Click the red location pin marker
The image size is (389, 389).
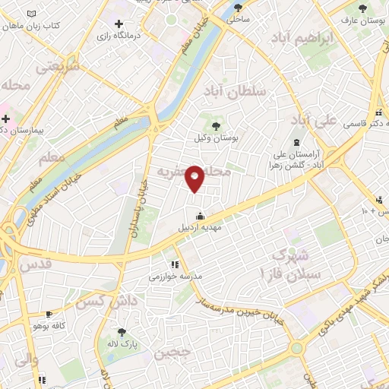[x=195, y=178]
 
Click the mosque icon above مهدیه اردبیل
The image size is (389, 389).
[x=200, y=215]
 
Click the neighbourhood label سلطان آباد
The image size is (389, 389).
[x=235, y=91]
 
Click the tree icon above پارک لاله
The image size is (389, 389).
[x=122, y=331]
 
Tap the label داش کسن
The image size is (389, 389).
[x=100, y=302]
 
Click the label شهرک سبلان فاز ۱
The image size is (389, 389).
[x=293, y=264]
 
